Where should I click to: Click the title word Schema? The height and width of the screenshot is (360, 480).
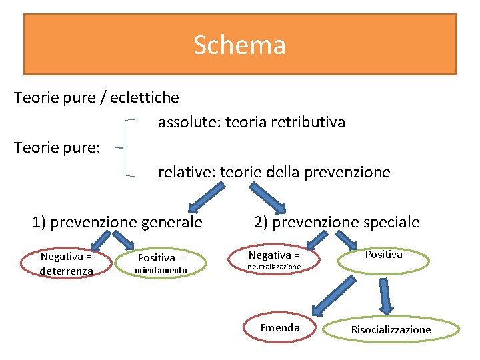(239, 45)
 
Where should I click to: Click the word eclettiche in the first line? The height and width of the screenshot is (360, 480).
(145, 97)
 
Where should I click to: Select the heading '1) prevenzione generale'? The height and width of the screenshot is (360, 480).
(117, 222)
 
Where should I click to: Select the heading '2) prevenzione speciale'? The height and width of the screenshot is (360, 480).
(337, 222)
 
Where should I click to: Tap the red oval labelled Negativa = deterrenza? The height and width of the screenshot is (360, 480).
(66, 263)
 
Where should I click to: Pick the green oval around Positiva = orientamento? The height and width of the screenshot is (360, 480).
(161, 263)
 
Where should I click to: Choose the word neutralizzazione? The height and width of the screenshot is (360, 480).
(274, 267)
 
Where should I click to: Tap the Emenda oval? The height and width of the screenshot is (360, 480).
(280, 327)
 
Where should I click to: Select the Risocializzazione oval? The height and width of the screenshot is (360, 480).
(391, 329)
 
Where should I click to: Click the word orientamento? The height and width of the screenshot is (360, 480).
(161, 270)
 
